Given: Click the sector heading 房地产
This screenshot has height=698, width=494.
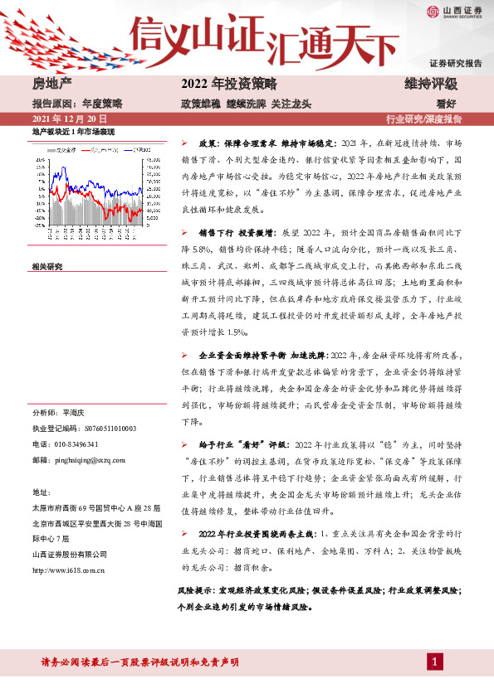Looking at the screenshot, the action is coord(50,84).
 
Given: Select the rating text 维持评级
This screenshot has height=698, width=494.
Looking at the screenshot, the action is coord(431,84).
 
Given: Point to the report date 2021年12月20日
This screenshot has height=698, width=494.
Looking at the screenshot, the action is coord(70,119).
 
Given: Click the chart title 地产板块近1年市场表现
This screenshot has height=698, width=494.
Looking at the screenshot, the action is coord(73,132).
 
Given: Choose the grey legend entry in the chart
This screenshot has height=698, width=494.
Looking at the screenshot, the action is coord(66,150).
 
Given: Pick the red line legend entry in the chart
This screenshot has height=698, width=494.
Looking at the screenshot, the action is coord(101,150).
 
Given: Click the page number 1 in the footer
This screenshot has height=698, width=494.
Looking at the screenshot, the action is coord(434,661).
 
